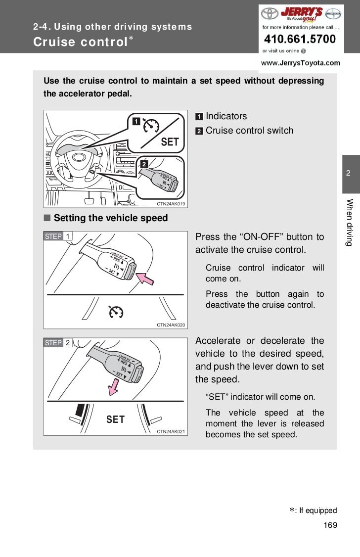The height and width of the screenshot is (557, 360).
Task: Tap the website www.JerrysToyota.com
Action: pos(300,63)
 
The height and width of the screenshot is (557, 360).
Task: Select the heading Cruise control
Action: pos(80,42)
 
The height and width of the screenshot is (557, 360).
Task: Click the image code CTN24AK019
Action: pos(171,203)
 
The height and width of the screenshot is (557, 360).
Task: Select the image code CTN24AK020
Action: pos(171,325)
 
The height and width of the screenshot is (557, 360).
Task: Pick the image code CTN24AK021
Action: pos(171,431)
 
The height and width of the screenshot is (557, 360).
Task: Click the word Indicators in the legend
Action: pos(226,116)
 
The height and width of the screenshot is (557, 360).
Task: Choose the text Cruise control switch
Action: pos(249,131)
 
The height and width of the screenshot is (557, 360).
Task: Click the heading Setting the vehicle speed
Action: pos(111,218)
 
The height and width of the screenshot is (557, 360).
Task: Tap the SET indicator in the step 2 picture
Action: pos(115,419)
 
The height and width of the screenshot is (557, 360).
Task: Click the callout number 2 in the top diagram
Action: pos(144,163)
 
